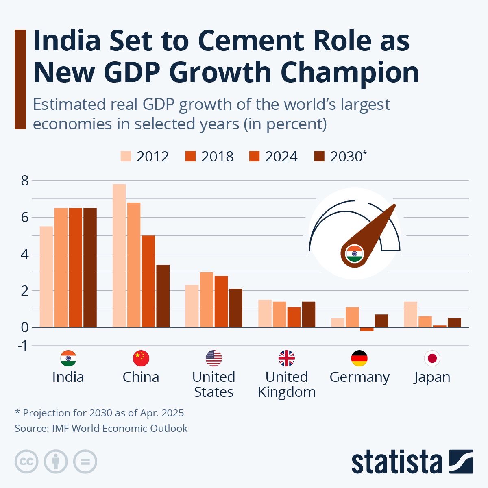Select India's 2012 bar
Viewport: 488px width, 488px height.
pyautogui.click(x=46, y=277)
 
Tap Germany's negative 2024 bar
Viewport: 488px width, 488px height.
pyautogui.click(x=367, y=329)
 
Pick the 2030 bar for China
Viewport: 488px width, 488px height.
pyautogui.click(x=163, y=296)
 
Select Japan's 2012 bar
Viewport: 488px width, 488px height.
pyautogui.click(x=410, y=314)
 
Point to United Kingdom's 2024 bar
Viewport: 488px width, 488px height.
pyautogui.click(x=294, y=317)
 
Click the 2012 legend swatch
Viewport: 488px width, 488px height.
pyautogui.click(x=126, y=157)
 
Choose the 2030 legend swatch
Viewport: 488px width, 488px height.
pyautogui.click(x=320, y=157)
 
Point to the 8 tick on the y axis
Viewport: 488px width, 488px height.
pyautogui.click(x=25, y=180)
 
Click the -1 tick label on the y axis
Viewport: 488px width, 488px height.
pyautogui.click(x=24, y=346)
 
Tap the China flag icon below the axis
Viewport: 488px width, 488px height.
pyautogui.click(x=141, y=358)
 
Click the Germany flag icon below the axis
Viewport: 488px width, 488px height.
pyautogui.click(x=359, y=358)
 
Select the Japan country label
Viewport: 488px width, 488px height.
pyautogui.click(x=432, y=377)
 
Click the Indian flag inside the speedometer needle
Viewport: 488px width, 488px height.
pyautogui.click(x=354, y=254)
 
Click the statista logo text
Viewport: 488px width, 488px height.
pyautogui.click(x=396, y=462)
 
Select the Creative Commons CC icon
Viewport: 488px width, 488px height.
pyautogui.click(x=26, y=462)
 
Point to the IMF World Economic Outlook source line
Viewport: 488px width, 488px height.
pyautogui.click(x=101, y=428)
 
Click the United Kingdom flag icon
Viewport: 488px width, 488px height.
pyautogui.click(x=286, y=358)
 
